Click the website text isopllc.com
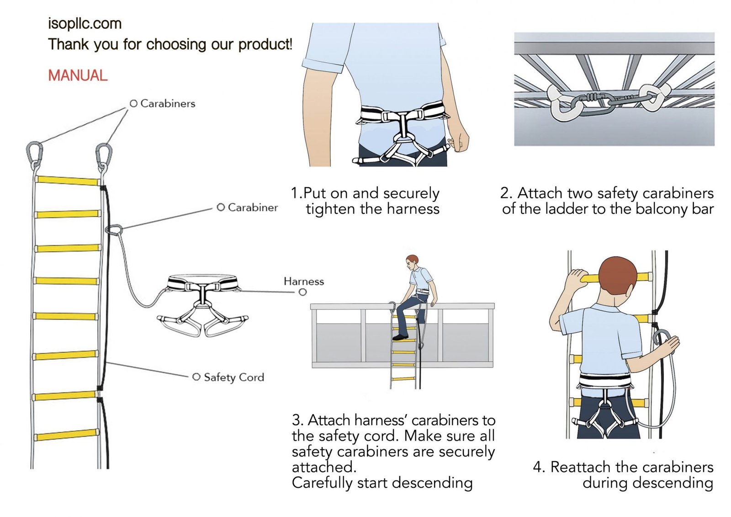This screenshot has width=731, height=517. (85, 24)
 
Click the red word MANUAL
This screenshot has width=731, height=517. (78, 75)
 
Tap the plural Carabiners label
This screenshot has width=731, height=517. (167, 104)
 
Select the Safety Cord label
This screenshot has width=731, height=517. (233, 377)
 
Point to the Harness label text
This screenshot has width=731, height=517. (303, 282)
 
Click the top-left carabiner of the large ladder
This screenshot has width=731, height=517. (34, 154)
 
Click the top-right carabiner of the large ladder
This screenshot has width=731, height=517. (104, 155)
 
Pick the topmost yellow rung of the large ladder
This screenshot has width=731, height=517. (67, 181)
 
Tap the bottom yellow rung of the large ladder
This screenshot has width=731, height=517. (67, 434)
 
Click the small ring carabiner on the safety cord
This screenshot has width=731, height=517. (114, 229)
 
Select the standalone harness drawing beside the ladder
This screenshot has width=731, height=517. (202, 304)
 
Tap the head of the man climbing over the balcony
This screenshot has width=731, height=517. (412, 262)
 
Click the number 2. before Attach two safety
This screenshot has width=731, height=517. (506, 193)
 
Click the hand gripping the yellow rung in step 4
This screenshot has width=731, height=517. (576, 278)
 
